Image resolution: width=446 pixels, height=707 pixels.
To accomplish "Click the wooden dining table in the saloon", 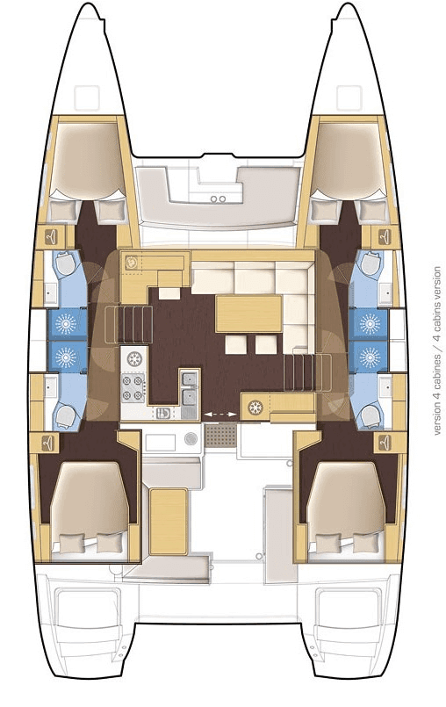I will point(248,313).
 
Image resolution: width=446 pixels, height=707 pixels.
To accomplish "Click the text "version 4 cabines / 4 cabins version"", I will point(436,350).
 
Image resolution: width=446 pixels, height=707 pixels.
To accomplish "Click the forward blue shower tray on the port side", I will point(65,323).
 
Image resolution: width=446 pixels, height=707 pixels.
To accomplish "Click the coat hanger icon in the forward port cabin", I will point(54,234).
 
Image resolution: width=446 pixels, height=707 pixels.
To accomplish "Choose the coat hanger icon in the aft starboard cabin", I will point(385,444).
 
